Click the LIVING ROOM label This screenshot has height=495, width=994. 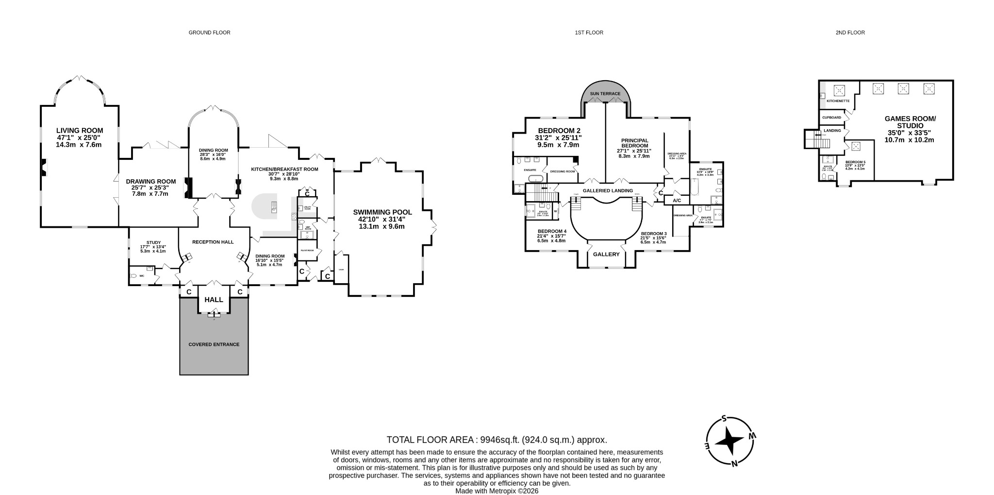[x=80, y=131]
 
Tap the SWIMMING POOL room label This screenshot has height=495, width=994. [x=382, y=212]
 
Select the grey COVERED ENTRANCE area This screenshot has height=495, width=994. [x=214, y=344]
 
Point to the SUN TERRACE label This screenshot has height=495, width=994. [x=605, y=94]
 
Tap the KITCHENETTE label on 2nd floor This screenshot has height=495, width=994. [x=838, y=101]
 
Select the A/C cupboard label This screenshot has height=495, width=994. [x=677, y=201]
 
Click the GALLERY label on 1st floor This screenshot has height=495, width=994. [x=606, y=255]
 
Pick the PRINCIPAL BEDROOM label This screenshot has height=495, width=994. [x=634, y=143]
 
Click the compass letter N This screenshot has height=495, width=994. [x=734, y=463]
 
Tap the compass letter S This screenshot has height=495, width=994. [x=724, y=419]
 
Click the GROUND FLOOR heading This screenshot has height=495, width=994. [x=209, y=33]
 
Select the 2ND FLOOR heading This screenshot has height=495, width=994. [x=850, y=33]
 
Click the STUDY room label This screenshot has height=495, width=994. [x=153, y=242]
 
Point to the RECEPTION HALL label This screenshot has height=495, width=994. [x=213, y=242]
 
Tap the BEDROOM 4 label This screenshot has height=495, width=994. [x=552, y=231]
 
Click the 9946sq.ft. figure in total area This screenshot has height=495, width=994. [x=500, y=440]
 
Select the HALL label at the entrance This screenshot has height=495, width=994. [x=214, y=300]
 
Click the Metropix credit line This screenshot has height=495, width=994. [x=497, y=491]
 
